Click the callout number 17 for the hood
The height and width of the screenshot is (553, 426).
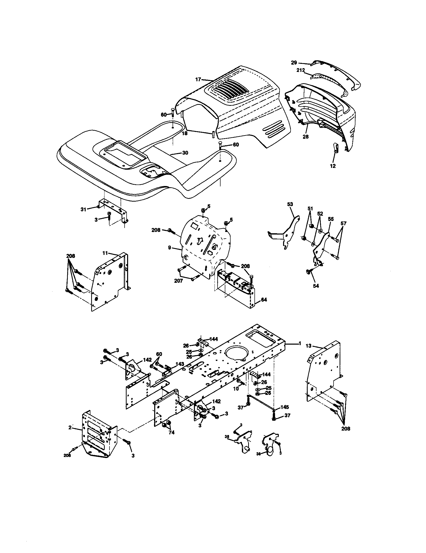pos(198,79)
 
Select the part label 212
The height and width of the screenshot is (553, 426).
pos(301,70)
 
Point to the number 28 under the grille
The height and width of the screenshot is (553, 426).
pos(306,136)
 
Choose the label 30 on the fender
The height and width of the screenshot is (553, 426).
pos(185,153)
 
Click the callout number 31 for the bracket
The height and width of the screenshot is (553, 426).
pos(83,209)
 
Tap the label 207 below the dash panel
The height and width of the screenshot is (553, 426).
pos(178,281)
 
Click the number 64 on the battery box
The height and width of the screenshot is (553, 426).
pos(264,300)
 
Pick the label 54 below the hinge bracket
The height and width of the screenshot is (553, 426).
pos(316,286)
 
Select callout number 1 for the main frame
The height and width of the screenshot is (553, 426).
pos(300,343)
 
